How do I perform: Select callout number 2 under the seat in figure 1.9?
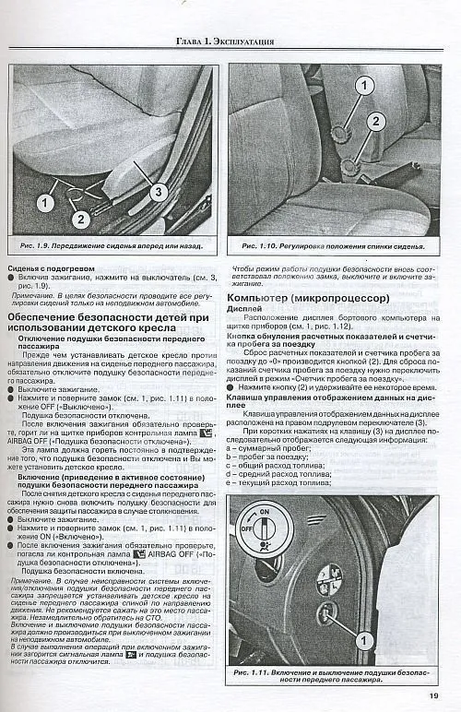pos(81,219)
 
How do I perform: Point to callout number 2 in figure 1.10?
pos(376,120)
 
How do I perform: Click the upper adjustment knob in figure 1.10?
pos(339,132)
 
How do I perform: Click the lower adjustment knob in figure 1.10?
pos(352,167)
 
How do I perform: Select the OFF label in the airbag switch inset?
pos(246,531)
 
